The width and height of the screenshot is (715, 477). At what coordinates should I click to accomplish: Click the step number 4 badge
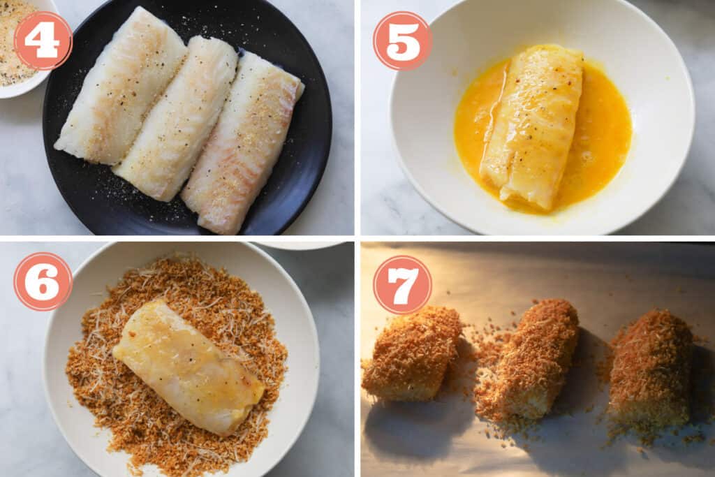[43, 41]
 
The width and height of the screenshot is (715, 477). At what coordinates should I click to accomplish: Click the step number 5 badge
[402, 41]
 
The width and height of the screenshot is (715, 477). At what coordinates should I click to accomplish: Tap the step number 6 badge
[43, 281]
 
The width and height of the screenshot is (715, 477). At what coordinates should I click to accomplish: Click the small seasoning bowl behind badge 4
[14, 70]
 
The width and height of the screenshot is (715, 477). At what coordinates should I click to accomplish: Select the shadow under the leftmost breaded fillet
[405, 426]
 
